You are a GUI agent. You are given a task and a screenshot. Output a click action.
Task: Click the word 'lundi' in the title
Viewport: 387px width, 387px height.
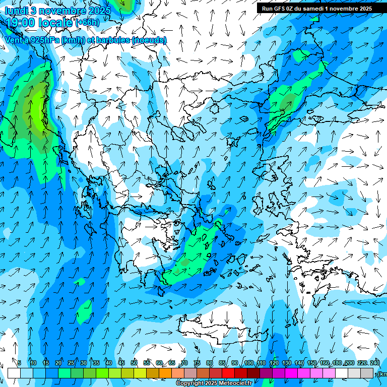16,11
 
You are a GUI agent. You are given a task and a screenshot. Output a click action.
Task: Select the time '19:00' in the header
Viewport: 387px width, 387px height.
21,22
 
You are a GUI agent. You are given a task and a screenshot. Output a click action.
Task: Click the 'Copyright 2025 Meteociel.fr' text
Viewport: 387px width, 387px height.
214,383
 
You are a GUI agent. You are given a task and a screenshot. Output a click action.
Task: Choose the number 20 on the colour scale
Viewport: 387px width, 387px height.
58,363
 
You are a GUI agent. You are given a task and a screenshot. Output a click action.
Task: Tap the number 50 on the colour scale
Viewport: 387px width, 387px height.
134,363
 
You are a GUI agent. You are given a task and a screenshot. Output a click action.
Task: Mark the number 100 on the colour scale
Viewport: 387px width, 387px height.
248,363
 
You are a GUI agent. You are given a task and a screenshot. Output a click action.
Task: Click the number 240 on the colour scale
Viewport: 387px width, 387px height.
375,363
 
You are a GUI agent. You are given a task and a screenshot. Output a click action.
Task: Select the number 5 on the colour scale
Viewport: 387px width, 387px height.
19,363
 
